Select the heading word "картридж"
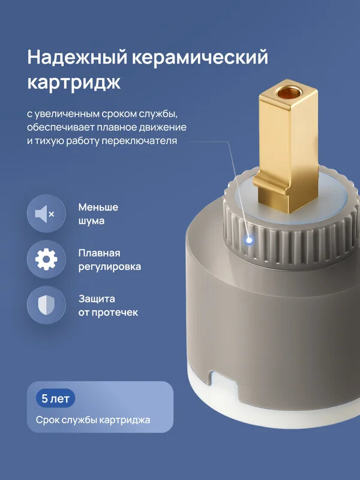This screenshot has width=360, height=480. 74,83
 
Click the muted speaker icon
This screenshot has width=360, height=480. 46,214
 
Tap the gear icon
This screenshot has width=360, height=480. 46,259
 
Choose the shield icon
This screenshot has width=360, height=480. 46,305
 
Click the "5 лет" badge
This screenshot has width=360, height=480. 55,398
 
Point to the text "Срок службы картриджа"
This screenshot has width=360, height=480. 92,420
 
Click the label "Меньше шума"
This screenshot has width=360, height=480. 98,214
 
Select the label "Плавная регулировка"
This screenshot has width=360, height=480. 109,259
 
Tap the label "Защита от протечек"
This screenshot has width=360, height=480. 107,305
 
